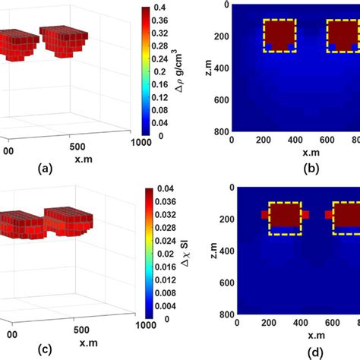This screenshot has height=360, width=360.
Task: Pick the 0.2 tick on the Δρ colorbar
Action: pos(161,71)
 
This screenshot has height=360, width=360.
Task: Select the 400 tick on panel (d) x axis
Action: pos(295,322)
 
